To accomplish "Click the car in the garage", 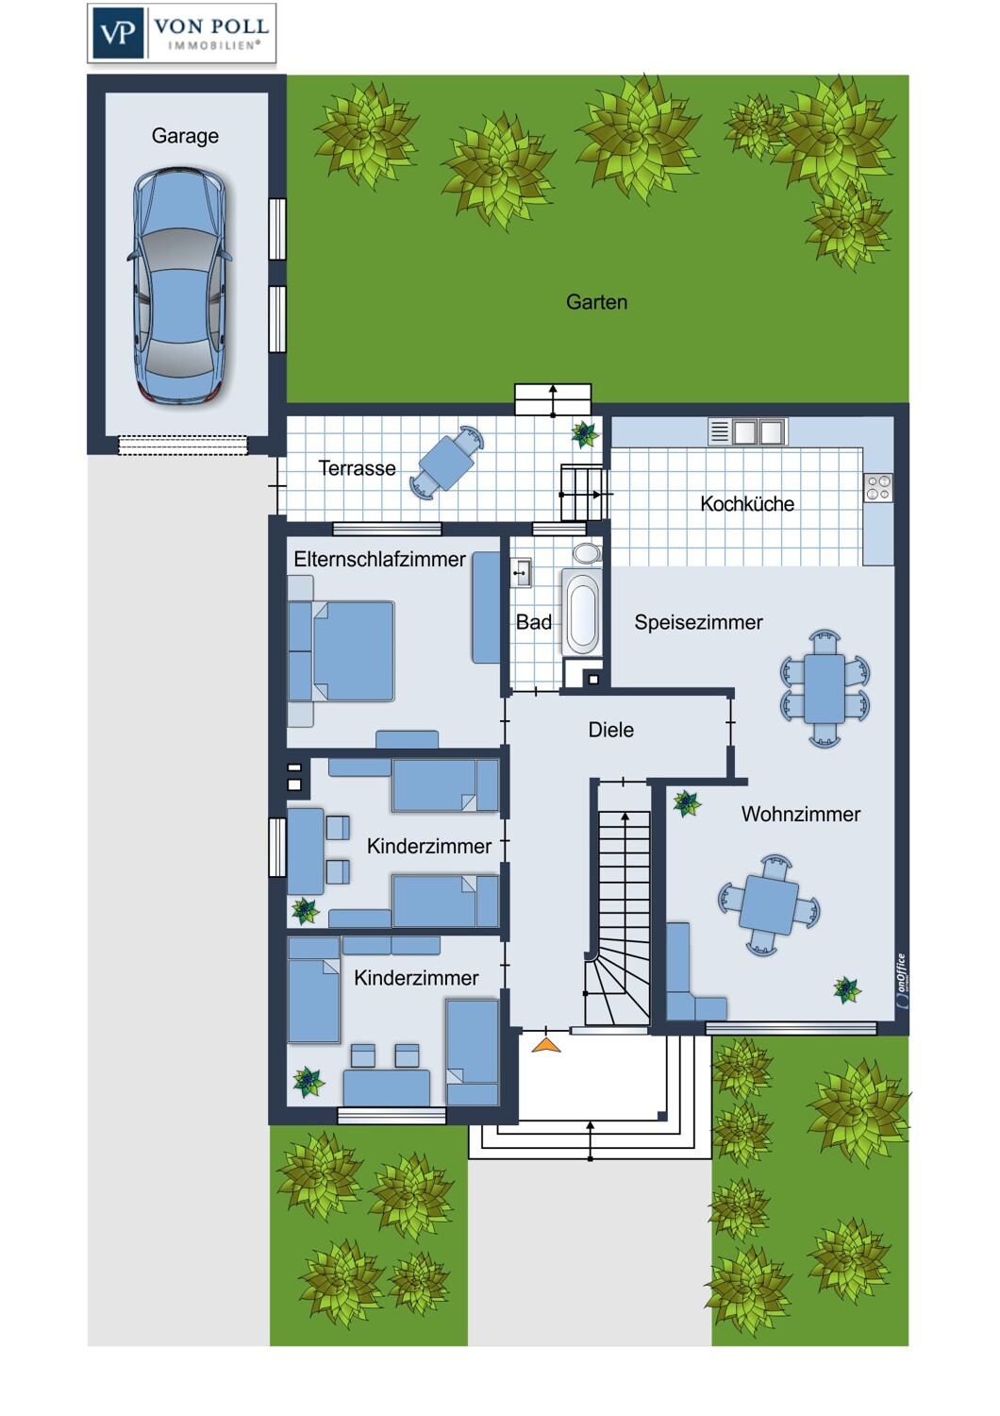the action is [180, 286].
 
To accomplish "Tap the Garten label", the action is [596, 302].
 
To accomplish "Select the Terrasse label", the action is [357, 468].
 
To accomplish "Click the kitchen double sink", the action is [747, 431].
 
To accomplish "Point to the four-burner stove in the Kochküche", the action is [878, 487].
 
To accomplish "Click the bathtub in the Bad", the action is [582, 612].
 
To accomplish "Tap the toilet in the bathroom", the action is [587, 552].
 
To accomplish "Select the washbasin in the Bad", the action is [521, 573].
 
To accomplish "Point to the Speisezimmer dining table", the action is [825, 688].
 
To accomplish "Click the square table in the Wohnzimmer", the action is [769, 904].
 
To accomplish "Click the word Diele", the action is [611, 730].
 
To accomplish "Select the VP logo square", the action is [118, 33].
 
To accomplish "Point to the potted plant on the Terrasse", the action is [584, 433].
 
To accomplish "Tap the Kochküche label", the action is [747, 504].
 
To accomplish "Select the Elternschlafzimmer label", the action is [379, 559].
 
